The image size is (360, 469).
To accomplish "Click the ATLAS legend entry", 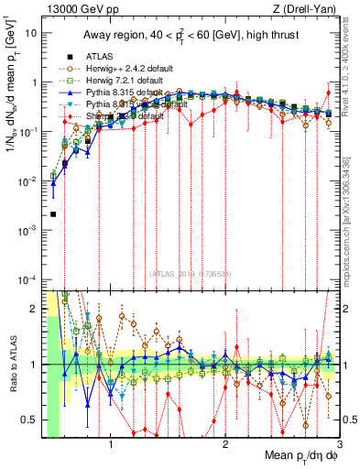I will (98, 56).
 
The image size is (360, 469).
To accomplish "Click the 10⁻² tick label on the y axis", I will (27, 180).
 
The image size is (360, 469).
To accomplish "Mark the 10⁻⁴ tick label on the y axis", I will (27, 279).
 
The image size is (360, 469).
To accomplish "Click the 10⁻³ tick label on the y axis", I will (27, 230).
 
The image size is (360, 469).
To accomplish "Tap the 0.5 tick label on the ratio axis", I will (30, 420).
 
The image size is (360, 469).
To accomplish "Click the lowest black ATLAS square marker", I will (53, 214).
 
